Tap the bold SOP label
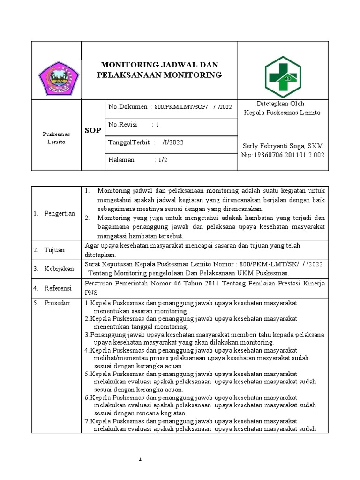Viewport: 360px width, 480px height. coord(92,130)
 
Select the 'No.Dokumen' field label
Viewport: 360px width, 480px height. coord(127,107)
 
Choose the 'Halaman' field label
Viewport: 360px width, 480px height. coord(121,160)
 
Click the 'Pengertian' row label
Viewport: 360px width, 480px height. coord(59,213)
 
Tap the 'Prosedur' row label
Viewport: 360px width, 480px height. coord(57,303)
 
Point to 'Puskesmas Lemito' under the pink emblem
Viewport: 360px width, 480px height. coord(56,138)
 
